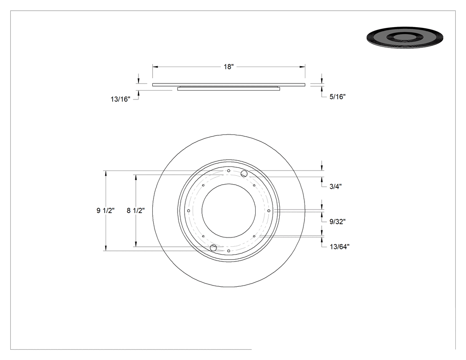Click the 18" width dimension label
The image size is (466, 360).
229,67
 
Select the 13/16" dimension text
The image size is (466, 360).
120,99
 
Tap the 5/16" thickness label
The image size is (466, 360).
337,97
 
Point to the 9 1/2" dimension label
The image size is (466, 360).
106,210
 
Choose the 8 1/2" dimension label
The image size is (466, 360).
135,210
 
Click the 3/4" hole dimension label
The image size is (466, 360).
336,186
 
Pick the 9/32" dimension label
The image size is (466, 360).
337,222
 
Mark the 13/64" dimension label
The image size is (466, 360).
340,247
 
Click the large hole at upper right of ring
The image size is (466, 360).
244,174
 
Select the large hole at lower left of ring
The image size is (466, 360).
213,248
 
